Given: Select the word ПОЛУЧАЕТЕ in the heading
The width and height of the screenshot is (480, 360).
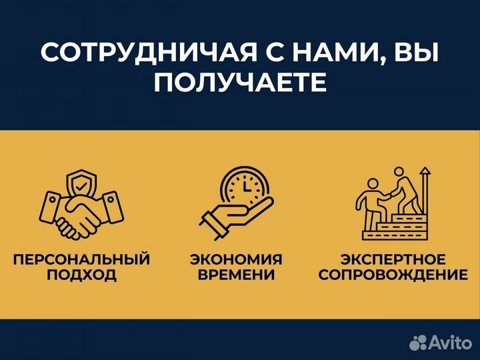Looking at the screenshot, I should coord(240,83).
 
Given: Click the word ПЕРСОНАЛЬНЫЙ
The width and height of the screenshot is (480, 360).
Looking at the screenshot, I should coord(81,259).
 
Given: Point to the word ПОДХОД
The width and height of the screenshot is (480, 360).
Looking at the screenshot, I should coord(81,275).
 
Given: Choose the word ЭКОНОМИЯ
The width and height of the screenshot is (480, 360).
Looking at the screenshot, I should coord(236,259).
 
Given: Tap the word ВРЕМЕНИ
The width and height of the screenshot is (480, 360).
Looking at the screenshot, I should coord(236,275).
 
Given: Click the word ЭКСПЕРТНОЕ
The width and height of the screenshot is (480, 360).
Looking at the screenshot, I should coord(393,259).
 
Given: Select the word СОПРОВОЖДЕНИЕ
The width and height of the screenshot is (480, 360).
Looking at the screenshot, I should coord(393,275).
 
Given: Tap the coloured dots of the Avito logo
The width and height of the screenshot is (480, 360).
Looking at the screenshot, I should coord(418,343).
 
